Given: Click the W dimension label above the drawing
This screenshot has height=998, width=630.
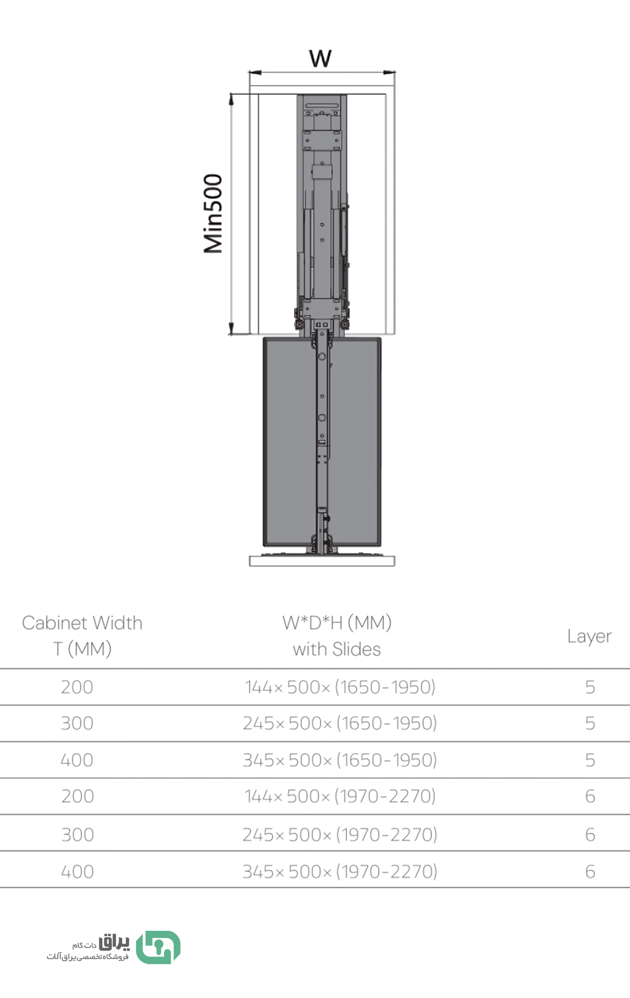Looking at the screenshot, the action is pos(320,58).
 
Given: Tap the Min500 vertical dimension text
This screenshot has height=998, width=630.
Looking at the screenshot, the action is pos(213,213).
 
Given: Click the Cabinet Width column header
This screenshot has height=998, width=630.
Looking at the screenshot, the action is pos(82,636).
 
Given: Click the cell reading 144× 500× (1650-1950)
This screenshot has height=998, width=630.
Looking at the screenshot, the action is pos(340,687).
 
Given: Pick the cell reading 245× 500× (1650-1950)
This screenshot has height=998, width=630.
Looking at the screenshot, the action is pos(340,723).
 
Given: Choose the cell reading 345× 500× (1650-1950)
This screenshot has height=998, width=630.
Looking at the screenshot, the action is pos(340,760).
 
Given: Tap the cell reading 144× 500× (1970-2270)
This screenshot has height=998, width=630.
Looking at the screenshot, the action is pos(340,796).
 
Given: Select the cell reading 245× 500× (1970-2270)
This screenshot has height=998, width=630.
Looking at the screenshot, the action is pos(340,835).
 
